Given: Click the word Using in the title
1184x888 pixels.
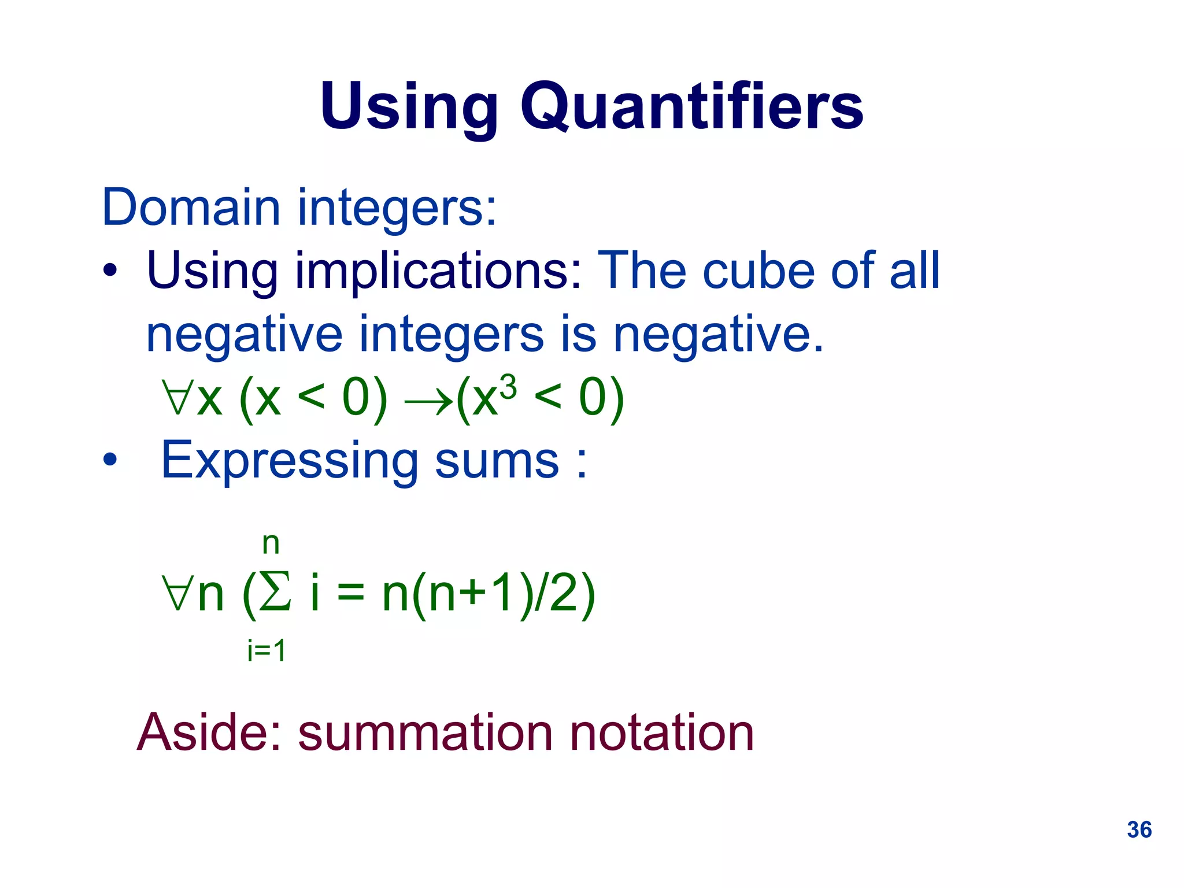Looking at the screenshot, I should [x=409, y=107].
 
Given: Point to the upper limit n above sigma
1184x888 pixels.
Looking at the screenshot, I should [x=271, y=543].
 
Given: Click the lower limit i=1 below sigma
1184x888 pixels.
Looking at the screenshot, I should [x=267, y=651].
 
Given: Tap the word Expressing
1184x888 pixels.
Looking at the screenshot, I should [x=289, y=461].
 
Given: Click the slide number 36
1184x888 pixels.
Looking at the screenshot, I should [x=1139, y=830].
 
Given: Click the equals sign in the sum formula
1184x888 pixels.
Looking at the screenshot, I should [x=351, y=594].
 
